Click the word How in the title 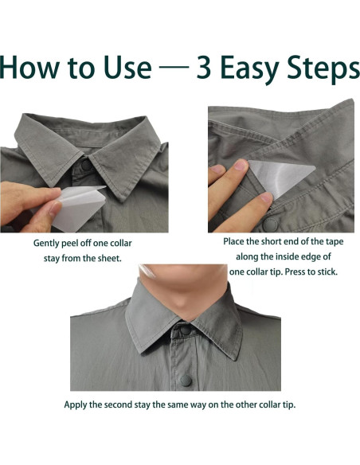point(29,67)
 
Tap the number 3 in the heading point(204,68)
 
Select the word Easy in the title point(249,70)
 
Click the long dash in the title point(174,67)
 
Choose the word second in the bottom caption point(119,404)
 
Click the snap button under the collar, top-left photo point(86,165)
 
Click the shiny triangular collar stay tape point(280,178)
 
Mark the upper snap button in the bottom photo point(186,330)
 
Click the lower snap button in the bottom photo point(186,381)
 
